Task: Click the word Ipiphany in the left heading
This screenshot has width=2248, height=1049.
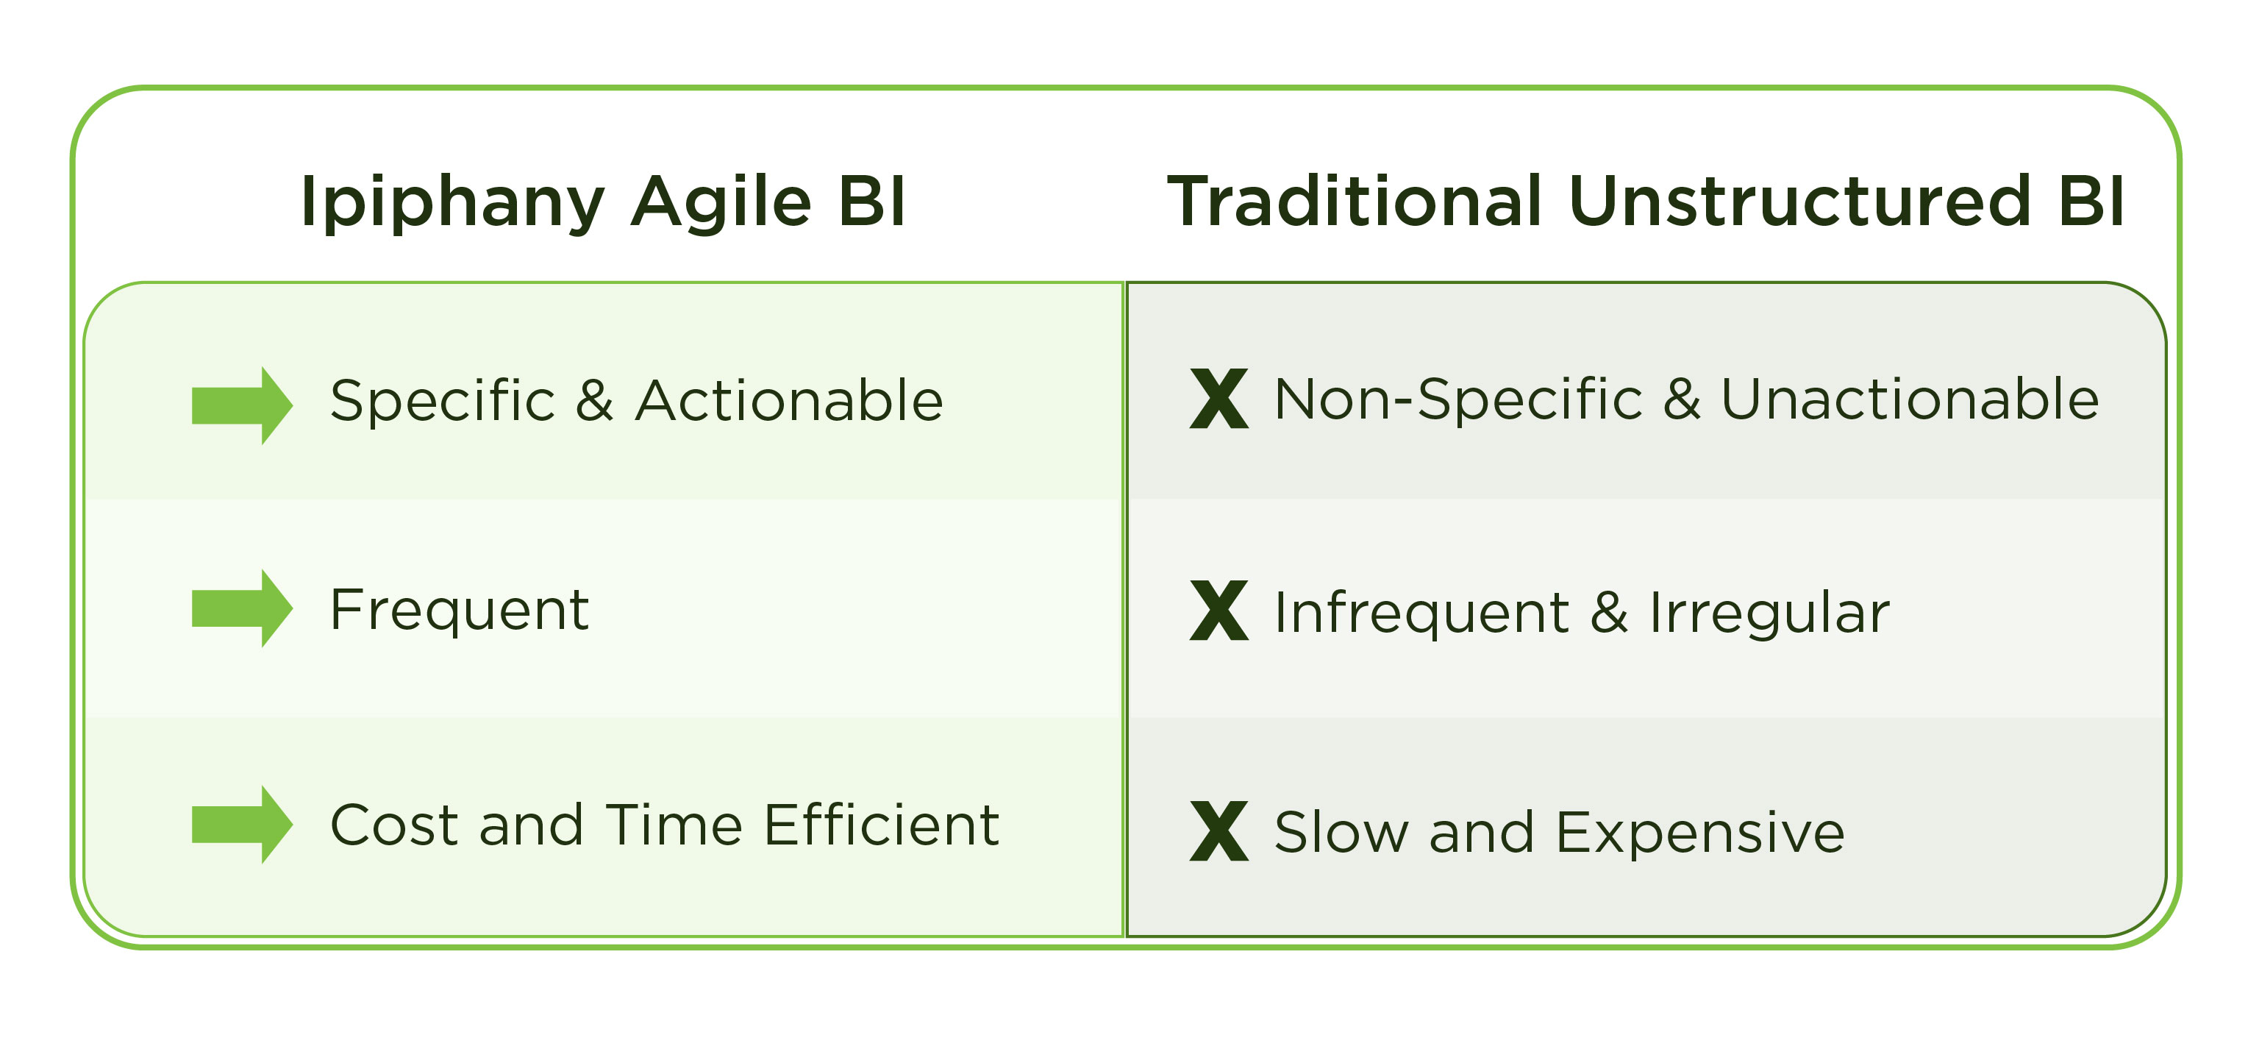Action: [x=452, y=203]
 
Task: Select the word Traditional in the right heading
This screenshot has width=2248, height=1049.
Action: [x=1355, y=202]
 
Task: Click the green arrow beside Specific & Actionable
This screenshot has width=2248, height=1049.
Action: [x=243, y=406]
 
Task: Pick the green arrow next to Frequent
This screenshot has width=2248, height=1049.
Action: [x=243, y=608]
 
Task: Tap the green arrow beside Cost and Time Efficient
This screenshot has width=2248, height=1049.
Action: [x=243, y=825]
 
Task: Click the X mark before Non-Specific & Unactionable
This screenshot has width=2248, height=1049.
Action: [x=1219, y=399]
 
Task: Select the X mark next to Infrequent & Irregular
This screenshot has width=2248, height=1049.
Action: [x=1219, y=610]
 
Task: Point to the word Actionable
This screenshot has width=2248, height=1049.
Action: [x=790, y=401]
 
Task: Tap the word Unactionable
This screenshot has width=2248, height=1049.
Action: [x=1910, y=399]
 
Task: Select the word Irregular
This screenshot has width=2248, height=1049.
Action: [x=1770, y=614]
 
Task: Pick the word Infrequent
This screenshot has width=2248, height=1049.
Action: [x=1422, y=614]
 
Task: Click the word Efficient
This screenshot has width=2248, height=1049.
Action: [x=882, y=825]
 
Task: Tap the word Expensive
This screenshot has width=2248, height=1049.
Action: [x=1701, y=833]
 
